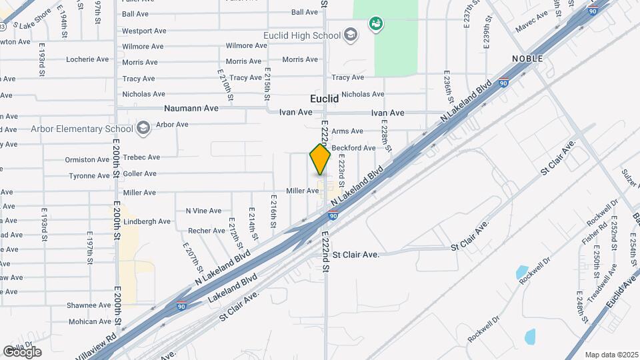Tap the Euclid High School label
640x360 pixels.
click(305, 35)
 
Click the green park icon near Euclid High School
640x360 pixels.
click(375, 24)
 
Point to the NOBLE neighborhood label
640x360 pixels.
click(527, 59)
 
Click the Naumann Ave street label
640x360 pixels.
click(192, 108)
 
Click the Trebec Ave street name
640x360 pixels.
click(141, 157)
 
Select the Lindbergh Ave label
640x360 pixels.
click(147, 221)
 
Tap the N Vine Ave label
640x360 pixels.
click(203, 211)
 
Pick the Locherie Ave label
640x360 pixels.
click(87, 59)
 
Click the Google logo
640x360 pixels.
click(22, 351)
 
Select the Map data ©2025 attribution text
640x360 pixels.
click(611, 355)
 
